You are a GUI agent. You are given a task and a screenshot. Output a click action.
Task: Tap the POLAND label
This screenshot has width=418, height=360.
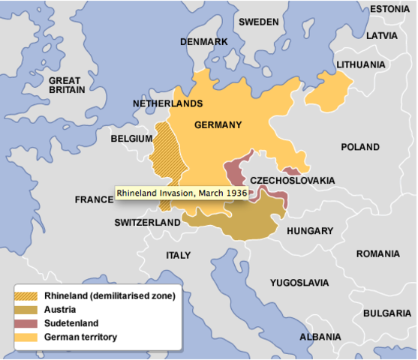pyautogui.click(x=360, y=147)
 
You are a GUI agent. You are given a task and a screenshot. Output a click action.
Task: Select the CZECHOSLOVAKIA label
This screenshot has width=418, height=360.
pyautogui.click(x=292, y=181)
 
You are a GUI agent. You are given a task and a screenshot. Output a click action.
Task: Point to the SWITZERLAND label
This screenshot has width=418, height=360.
pyautogui.click(x=147, y=223)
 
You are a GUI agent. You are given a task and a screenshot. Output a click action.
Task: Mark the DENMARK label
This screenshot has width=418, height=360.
pyautogui.click(x=203, y=42)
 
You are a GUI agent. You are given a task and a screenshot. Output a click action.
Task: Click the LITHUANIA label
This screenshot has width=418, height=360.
pyautogui.click(x=360, y=65)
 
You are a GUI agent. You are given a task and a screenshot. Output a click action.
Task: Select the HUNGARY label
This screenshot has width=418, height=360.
pyautogui.click(x=309, y=231)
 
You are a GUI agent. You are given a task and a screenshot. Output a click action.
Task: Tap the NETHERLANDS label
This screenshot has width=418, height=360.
pyautogui.click(x=167, y=103)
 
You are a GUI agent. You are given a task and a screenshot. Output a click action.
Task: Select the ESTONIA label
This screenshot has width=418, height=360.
pyautogui.click(x=389, y=9)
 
